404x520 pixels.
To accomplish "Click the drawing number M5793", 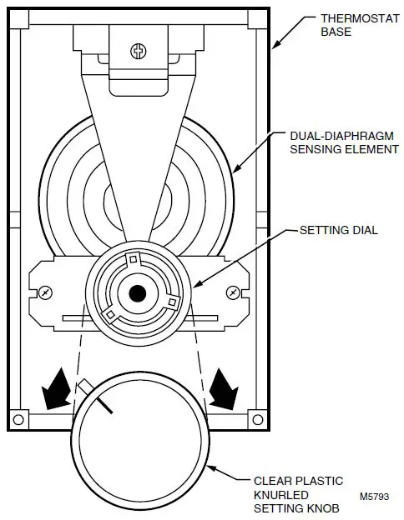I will coord(374,497).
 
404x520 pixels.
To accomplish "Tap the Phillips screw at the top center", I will coord(139,51).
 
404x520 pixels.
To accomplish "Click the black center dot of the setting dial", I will coord(138,293).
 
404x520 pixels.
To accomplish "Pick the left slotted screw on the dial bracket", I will coord(44,292).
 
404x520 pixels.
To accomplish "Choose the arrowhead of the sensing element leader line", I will coord(233,172).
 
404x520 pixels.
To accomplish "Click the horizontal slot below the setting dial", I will coord(138,318).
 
